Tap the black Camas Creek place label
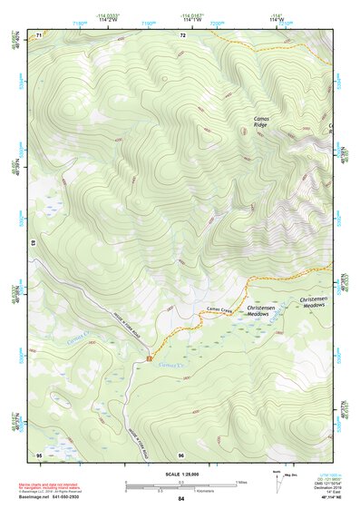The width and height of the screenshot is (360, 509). pos(220,310)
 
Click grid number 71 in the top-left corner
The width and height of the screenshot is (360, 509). pos(39,36)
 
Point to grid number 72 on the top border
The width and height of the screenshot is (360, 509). pos(182,36)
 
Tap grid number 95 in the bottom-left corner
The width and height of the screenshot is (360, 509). pos(39,454)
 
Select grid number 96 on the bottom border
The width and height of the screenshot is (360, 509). pos(181,454)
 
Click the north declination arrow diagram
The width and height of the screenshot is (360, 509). pos(278,484)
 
